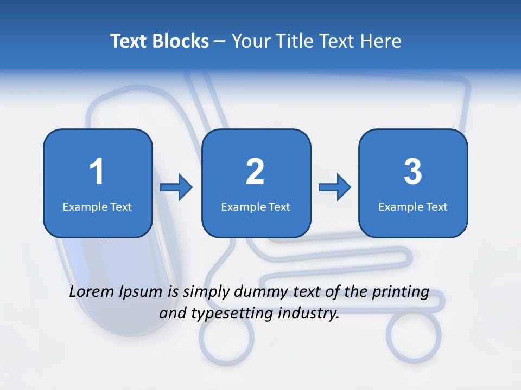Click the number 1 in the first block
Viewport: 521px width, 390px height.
click(97, 172)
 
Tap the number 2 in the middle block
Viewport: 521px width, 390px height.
click(255, 172)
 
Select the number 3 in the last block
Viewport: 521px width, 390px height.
click(413, 172)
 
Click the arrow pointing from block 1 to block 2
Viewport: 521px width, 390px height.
click(177, 187)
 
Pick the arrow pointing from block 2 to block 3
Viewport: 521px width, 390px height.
click(335, 187)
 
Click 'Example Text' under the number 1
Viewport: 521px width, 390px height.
click(97, 206)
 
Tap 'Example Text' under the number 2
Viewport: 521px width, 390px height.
click(256, 206)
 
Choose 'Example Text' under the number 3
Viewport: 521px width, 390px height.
click(413, 206)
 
